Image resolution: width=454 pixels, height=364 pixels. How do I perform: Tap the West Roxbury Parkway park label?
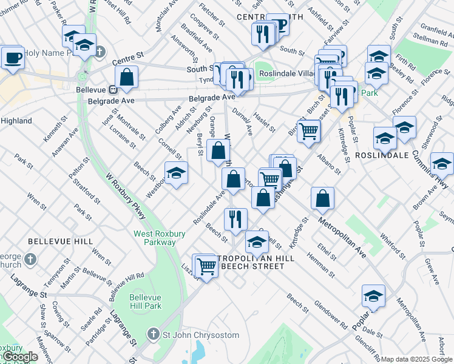[155, 238]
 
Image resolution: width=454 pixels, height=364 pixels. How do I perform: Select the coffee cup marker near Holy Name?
[12, 58]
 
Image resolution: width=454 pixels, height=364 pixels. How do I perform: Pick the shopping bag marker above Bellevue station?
[126, 77]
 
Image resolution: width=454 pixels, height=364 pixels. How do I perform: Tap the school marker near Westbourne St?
[176, 174]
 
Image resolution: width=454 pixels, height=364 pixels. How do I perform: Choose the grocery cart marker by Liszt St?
[206, 266]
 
